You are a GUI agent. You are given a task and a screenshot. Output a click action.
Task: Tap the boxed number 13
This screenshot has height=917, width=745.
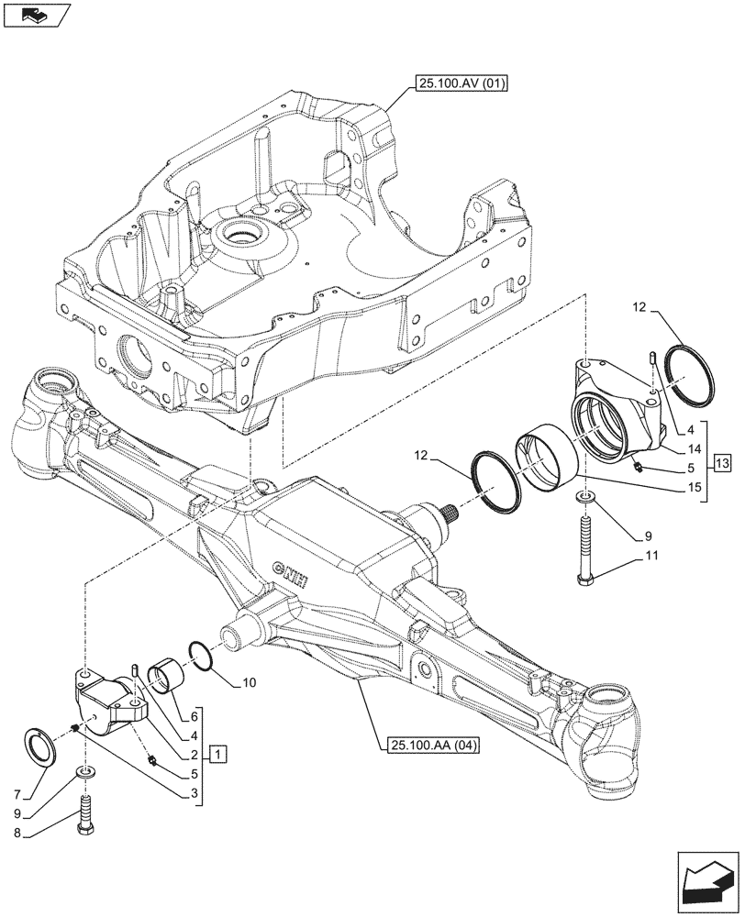pyautogui.click(x=721, y=463)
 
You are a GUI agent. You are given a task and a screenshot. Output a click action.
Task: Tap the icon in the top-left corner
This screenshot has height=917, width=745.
pyautogui.click(x=38, y=15)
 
